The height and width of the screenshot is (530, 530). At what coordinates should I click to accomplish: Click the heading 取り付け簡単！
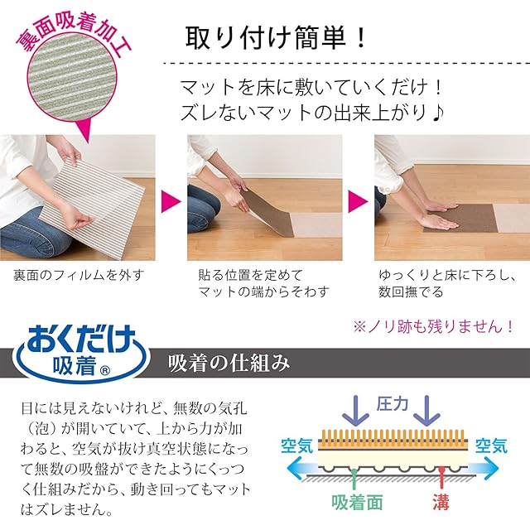click(276, 37)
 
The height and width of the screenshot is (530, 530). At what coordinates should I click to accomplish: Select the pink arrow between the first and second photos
click(171, 201)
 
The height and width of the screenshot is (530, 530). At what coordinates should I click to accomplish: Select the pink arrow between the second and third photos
click(358, 201)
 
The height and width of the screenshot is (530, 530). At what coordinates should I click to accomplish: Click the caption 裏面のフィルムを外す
click(79, 275)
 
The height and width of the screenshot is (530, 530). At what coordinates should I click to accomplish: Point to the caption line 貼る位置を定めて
click(250, 275)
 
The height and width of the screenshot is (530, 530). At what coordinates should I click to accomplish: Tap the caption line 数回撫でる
click(411, 291)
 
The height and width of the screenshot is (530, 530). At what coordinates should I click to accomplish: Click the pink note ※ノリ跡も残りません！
click(434, 327)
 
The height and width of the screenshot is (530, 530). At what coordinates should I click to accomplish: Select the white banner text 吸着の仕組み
click(229, 364)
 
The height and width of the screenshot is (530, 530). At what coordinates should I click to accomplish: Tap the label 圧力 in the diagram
click(392, 404)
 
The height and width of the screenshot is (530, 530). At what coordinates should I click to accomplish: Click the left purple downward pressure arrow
click(355, 411)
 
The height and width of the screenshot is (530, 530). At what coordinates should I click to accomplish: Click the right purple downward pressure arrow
click(427, 411)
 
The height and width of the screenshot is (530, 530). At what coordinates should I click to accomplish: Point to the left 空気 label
click(297, 446)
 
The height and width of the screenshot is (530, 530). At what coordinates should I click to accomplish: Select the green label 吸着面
click(357, 503)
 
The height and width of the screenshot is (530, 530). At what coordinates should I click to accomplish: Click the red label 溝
click(441, 503)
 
